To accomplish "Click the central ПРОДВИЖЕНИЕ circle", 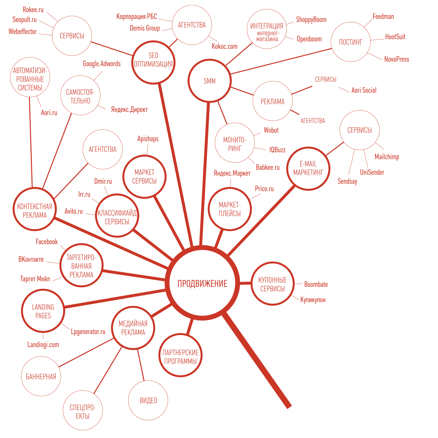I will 202,283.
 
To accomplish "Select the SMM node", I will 209,81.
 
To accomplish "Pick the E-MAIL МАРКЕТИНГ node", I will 308,168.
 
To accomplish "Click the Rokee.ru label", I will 33,10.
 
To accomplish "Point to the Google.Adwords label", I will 102,64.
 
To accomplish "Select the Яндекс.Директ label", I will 129,110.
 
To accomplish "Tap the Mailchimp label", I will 387,157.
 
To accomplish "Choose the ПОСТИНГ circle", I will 351,42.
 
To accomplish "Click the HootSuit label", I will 395,37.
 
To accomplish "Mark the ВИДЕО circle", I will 148,400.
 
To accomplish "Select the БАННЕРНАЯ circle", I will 41,376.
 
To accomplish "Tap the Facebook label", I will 47,242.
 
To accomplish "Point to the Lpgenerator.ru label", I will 88,332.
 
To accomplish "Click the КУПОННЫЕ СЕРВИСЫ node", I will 273,284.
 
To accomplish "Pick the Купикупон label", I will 313,300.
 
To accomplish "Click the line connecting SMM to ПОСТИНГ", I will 282,61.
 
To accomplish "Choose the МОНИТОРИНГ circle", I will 235,143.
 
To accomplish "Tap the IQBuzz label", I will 277,150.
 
